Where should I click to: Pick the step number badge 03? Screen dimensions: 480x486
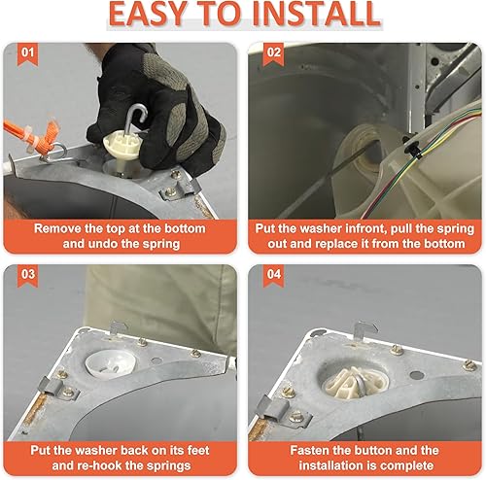(29, 274)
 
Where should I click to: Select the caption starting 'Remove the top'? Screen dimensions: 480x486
(121, 236)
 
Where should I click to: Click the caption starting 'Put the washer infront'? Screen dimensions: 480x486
(363, 236)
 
